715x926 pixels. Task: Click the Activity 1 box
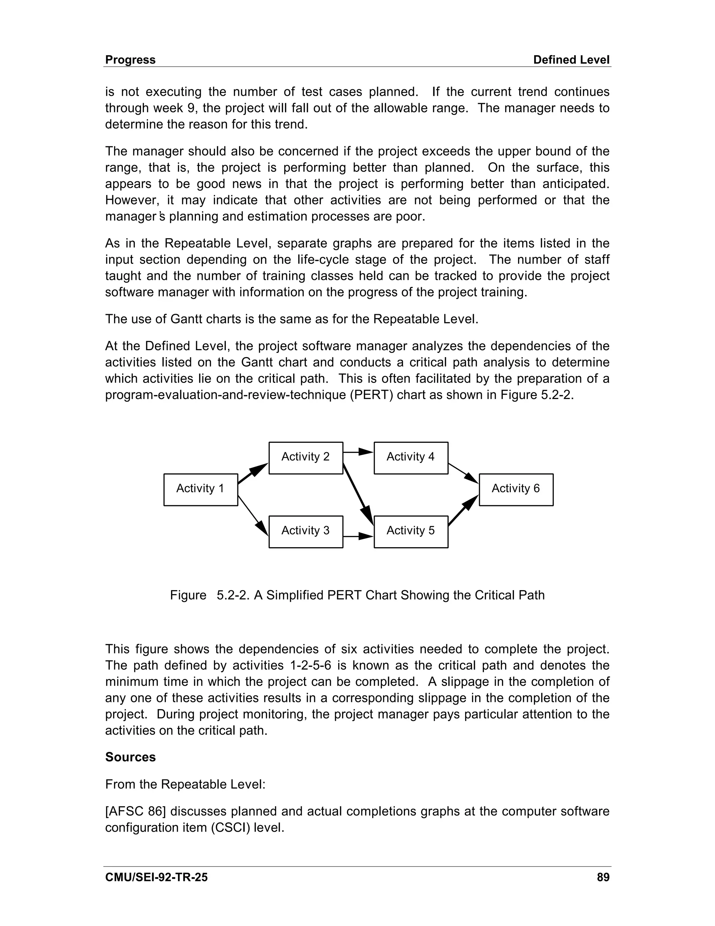[200, 489]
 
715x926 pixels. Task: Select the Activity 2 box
[305, 457]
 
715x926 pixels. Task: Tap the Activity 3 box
[305, 531]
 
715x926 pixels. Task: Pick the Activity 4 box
[411, 457]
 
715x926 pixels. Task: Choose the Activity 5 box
[411, 531]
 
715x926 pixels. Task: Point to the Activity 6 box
[516, 489]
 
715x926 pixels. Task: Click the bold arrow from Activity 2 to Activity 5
[358, 494]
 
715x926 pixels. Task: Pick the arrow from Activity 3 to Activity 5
[358, 536]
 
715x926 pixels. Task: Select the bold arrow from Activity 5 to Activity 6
[463, 511]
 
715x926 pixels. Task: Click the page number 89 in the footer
[603, 877]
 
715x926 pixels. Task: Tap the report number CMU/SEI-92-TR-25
[156, 877]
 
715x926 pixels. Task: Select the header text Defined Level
[571, 60]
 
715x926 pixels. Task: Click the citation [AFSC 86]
[135, 811]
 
